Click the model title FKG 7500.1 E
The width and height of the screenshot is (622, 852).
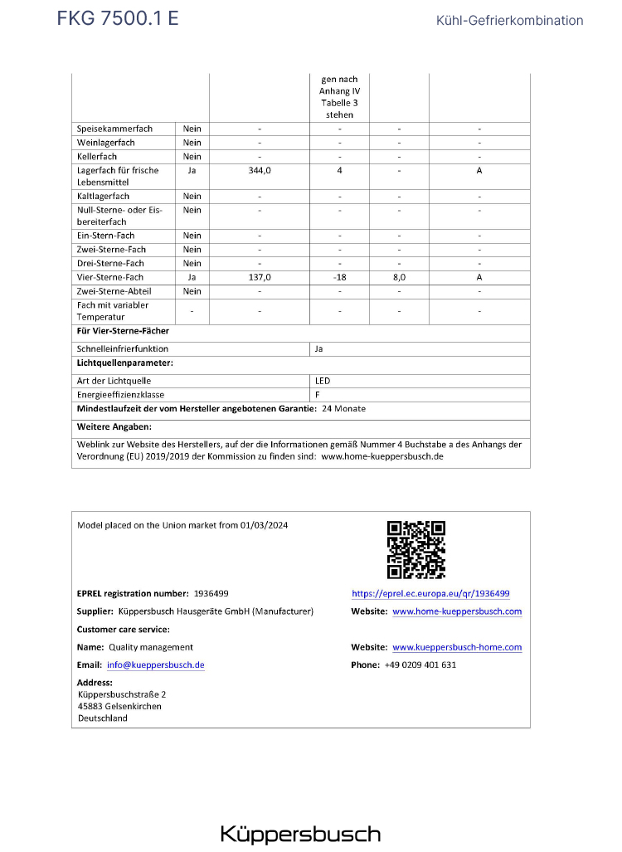click(x=117, y=18)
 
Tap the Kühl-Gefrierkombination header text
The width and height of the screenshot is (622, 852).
click(x=509, y=21)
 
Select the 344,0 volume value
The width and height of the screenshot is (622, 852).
click(x=260, y=170)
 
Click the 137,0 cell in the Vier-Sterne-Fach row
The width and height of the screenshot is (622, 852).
click(x=260, y=277)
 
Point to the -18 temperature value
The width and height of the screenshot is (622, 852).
click(x=339, y=277)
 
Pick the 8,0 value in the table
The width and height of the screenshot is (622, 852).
click(x=399, y=277)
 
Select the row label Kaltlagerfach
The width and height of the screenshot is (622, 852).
click(x=103, y=197)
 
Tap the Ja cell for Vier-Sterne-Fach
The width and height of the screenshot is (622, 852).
click(x=192, y=277)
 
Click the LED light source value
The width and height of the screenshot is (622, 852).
click(x=323, y=381)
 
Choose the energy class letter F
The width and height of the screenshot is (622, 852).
click(x=318, y=395)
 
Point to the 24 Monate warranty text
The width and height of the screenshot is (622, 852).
click(x=343, y=409)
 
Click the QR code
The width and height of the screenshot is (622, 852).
click(x=416, y=549)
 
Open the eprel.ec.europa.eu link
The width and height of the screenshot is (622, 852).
click(x=430, y=594)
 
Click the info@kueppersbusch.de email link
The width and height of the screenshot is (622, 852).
click(x=155, y=665)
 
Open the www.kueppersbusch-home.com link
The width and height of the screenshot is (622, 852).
click(x=457, y=647)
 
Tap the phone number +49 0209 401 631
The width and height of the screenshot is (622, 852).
click(x=420, y=665)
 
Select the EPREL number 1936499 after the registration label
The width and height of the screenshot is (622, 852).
click(x=211, y=594)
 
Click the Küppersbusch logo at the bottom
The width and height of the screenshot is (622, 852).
click(x=300, y=834)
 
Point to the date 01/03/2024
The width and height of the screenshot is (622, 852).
click(x=265, y=525)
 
